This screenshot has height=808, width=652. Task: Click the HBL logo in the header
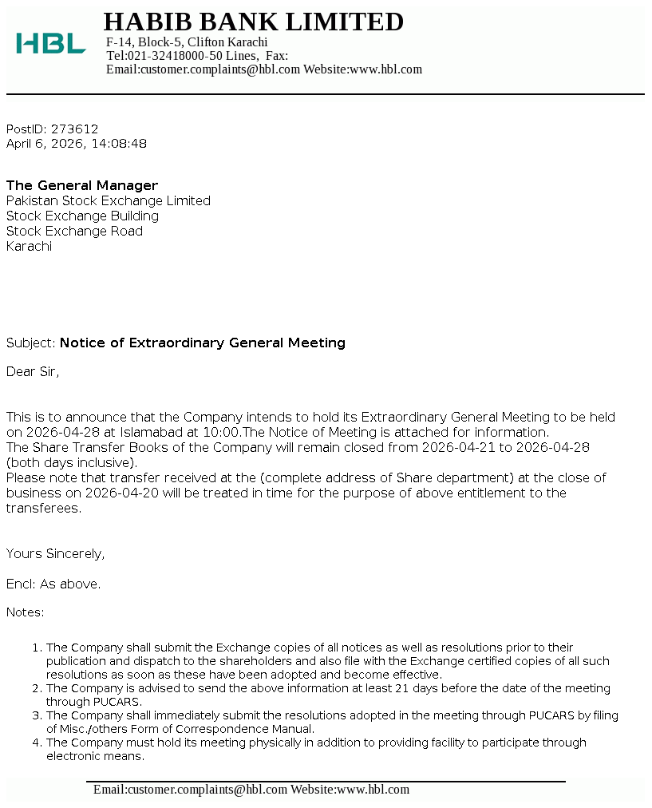point(51,43)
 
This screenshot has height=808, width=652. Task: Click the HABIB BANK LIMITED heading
point(253,22)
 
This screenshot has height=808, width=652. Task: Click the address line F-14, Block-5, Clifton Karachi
point(187,42)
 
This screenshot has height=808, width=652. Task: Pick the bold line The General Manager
point(82,185)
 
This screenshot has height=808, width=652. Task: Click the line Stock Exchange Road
point(74,231)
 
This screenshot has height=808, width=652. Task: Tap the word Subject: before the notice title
point(31,343)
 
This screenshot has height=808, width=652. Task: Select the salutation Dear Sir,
point(33,371)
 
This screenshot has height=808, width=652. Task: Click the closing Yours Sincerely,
point(56,553)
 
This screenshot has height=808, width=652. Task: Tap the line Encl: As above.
point(53,584)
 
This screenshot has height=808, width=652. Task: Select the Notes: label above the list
point(26,612)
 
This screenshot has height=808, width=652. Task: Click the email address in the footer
point(190,790)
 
